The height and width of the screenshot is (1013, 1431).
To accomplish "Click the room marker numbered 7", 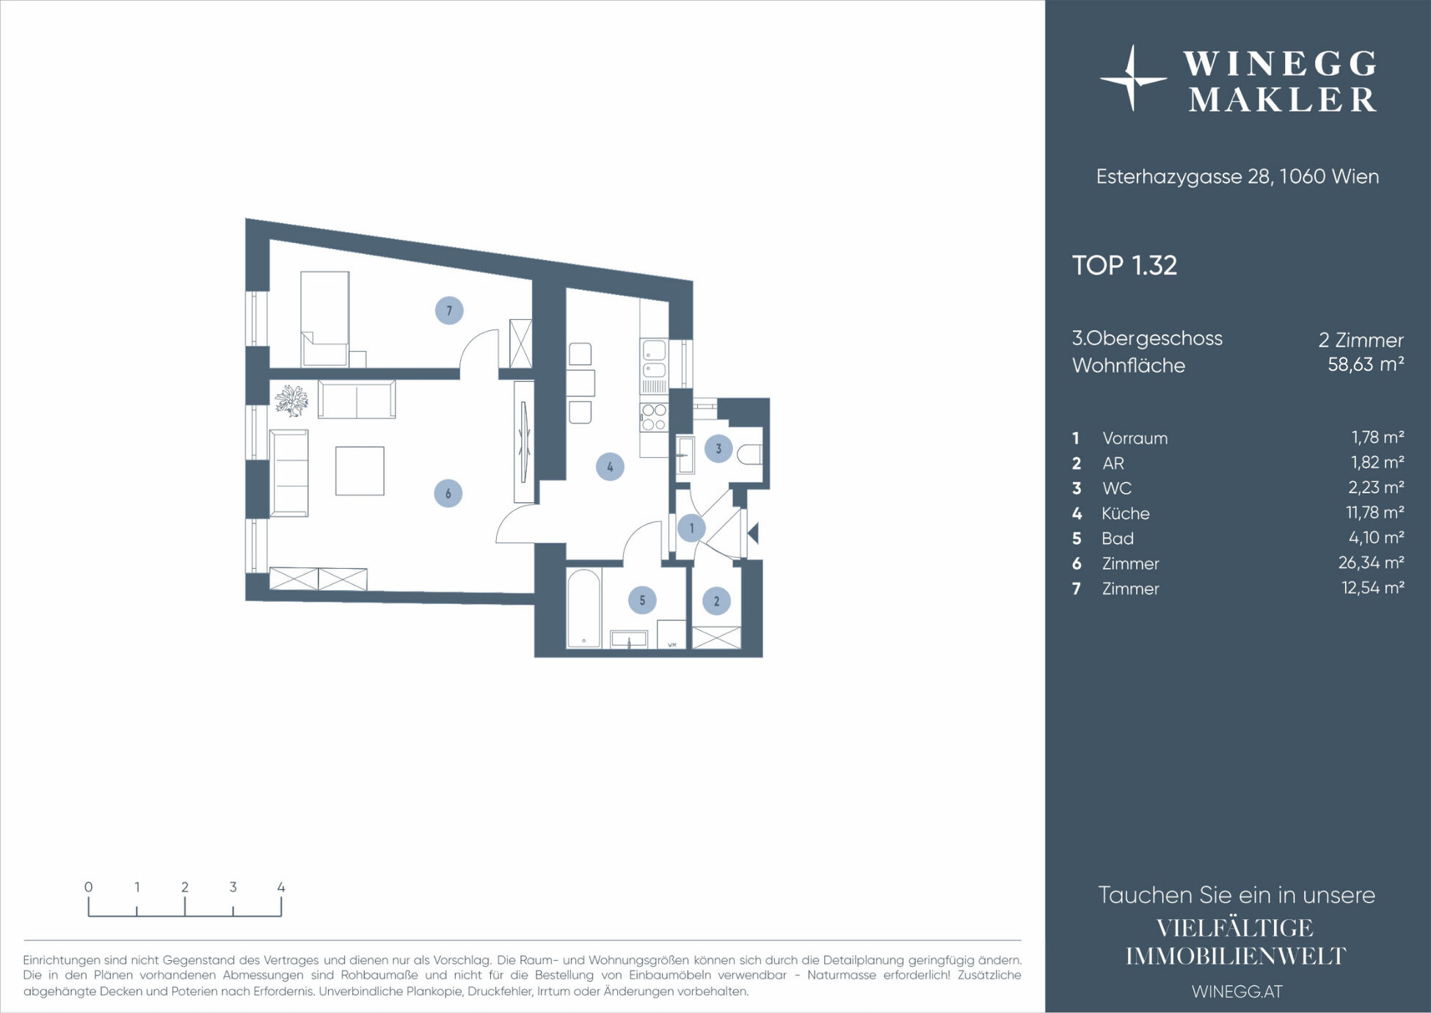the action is click(x=449, y=311).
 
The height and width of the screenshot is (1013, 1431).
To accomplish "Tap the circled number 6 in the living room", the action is click(x=448, y=493).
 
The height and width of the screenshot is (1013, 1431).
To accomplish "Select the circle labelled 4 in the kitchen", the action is click(x=610, y=467).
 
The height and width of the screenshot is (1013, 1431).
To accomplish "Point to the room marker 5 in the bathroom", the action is click(x=642, y=600).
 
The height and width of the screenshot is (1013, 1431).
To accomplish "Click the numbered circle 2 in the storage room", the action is click(x=717, y=601).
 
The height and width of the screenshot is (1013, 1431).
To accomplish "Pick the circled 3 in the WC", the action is click(x=718, y=449).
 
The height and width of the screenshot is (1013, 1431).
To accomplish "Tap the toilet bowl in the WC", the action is click(x=751, y=454).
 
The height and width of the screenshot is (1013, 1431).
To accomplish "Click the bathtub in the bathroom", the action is click(x=584, y=609).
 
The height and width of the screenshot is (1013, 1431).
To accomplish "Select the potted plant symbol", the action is click(x=291, y=400).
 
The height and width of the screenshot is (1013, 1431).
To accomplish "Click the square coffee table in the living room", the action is click(x=360, y=471).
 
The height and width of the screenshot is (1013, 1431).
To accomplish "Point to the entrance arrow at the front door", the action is click(x=752, y=533).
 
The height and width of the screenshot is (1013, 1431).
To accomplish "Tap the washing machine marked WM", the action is click(x=671, y=635).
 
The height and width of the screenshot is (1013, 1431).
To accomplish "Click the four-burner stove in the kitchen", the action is click(x=653, y=417).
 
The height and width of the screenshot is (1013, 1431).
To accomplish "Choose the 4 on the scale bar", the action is click(x=281, y=887).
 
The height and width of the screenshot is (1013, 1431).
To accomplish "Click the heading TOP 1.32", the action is click(x=1124, y=265).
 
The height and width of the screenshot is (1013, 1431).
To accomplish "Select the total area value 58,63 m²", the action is click(x=1366, y=364).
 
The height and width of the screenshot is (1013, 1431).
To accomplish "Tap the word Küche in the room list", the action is click(x=1126, y=513).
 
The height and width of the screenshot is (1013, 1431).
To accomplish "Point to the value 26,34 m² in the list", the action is click(x=1371, y=563).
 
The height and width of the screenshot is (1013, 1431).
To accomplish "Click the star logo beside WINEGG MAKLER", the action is click(x=1133, y=78).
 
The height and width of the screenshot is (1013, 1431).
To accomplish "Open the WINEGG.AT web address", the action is click(x=1237, y=991).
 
